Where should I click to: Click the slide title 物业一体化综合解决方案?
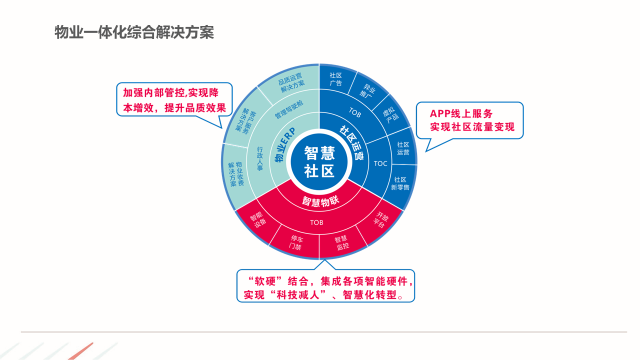click(134, 32)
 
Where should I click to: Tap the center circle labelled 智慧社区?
click(319, 161)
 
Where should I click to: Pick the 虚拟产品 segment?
click(391, 115)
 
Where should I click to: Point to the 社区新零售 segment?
click(400, 183)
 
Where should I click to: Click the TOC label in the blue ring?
click(380, 163)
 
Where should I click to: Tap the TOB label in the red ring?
click(316, 222)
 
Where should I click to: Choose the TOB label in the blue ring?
click(355, 112)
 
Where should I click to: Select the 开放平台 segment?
click(380, 220)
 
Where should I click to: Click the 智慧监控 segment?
click(341, 242)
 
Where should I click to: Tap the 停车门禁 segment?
click(296, 242)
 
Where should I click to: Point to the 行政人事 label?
click(259, 158)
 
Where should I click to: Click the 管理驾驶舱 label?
click(289, 109)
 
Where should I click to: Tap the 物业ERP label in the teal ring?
click(285, 145)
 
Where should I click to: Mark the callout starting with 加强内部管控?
click(174, 100)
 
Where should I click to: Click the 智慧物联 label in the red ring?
click(320, 201)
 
